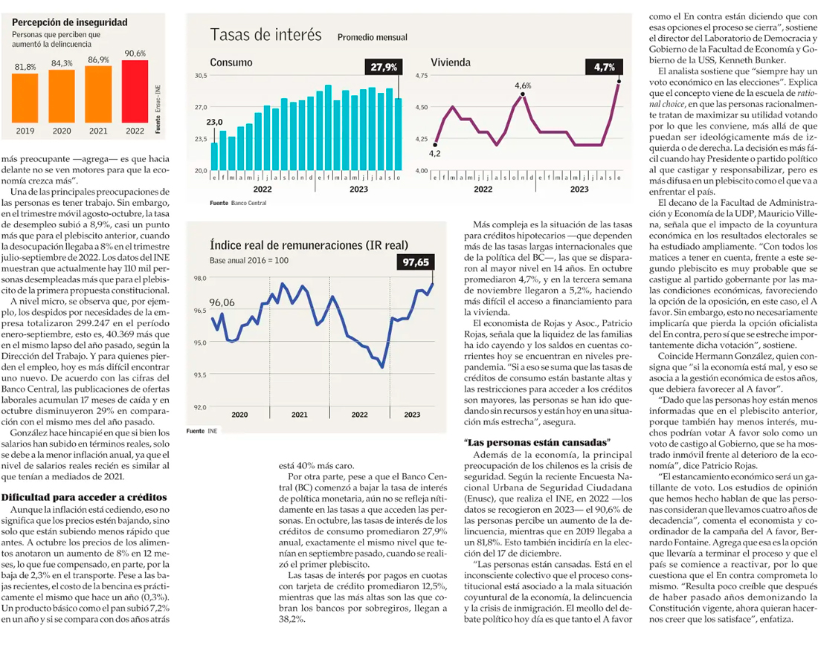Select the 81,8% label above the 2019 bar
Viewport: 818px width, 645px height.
coord(26,67)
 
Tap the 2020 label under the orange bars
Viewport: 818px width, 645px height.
coord(62,131)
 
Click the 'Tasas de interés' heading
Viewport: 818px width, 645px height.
coord(265,35)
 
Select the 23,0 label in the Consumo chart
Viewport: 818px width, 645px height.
coord(214,122)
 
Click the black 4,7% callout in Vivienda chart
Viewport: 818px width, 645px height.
coord(604,67)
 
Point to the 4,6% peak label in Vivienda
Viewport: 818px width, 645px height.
coord(523,86)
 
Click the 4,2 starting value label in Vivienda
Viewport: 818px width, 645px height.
coord(434,153)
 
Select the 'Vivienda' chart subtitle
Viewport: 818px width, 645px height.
coord(453,62)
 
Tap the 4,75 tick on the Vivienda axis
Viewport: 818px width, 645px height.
coord(422,76)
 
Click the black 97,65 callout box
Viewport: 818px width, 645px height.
coord(416,262)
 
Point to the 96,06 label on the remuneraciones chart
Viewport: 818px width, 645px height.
coord(222,302)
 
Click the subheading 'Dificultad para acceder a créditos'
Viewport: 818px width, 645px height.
coord(83,497)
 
